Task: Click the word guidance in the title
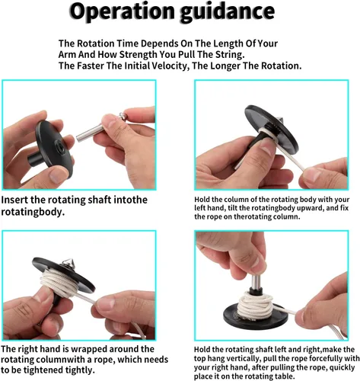tap(228, 13)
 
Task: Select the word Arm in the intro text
tap(67, 54)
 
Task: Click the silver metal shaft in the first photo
tap(91, 133)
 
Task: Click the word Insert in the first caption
tap(14, 200)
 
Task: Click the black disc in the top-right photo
tap(272, 128)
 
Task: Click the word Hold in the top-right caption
tap(201, 200)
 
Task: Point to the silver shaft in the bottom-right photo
tap(256, 282)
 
